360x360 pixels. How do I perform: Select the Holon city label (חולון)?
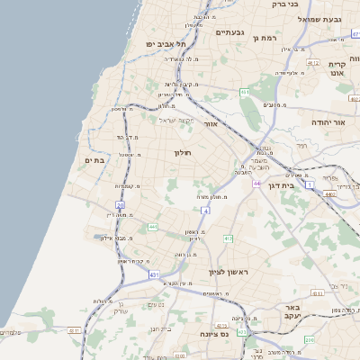point(184,153)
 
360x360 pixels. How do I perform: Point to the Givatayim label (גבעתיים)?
point(229,31)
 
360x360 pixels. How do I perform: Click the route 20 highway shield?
point(120,206)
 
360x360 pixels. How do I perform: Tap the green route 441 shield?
point(152,227)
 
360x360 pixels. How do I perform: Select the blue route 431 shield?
point(154,273)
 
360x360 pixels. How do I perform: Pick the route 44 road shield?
point(256,183)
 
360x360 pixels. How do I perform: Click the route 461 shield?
point(244,93)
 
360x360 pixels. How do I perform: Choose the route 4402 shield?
point(330,192)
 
